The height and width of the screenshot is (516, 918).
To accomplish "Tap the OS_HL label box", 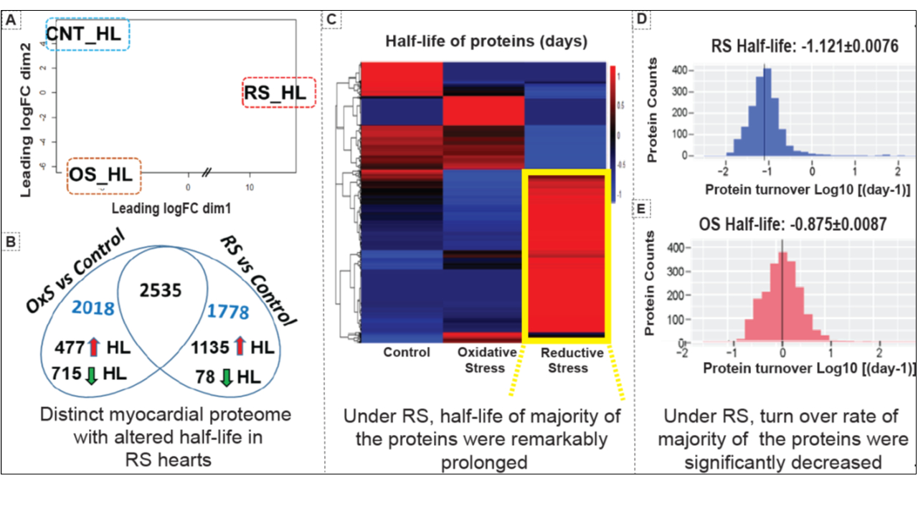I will [x=103, y=176].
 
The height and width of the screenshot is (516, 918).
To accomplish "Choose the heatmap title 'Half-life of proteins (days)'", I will [x=486, y=42].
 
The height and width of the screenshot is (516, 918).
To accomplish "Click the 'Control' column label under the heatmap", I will [x=406, y=352].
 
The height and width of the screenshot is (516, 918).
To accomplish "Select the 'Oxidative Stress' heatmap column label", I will [x=486, y=360].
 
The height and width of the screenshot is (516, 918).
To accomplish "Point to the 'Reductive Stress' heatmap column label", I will [x=572, y=360].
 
